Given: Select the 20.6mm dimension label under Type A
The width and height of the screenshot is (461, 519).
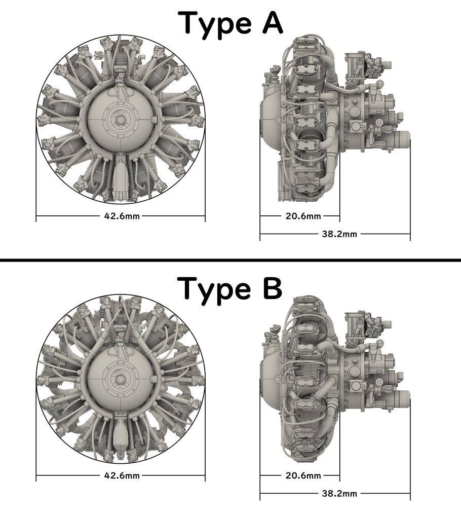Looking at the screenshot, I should tap(303, 216).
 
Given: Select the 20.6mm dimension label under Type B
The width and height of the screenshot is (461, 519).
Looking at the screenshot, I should tap(303, 475).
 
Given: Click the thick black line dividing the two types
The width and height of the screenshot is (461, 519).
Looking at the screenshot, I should tap(230, 259).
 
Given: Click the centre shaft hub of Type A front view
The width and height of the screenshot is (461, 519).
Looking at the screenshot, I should tap(121, 120).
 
